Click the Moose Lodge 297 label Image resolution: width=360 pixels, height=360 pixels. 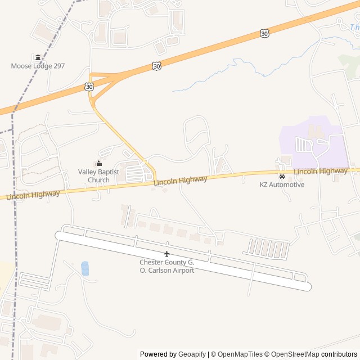tap(38, 66)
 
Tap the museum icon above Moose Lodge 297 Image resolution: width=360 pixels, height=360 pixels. tap(38, 57)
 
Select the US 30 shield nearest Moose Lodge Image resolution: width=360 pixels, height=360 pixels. tap(89, 86)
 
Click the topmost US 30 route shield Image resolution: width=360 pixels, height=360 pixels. tap(264, 34)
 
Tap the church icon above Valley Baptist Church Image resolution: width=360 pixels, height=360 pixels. tap(98, 163)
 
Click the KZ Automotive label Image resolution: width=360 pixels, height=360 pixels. tap(282, 184)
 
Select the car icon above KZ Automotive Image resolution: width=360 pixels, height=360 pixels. tap(282, 176)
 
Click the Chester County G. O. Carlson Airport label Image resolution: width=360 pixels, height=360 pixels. tap(166, 266)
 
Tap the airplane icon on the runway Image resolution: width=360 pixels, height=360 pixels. tap(166, 254)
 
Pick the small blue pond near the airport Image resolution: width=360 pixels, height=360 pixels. tap(85, 268)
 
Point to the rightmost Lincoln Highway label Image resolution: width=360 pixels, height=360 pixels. tap(321, 170)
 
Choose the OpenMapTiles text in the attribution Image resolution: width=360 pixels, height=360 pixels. tap(240, 354)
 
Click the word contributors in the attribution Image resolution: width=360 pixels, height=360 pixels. tap(339, 354)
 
